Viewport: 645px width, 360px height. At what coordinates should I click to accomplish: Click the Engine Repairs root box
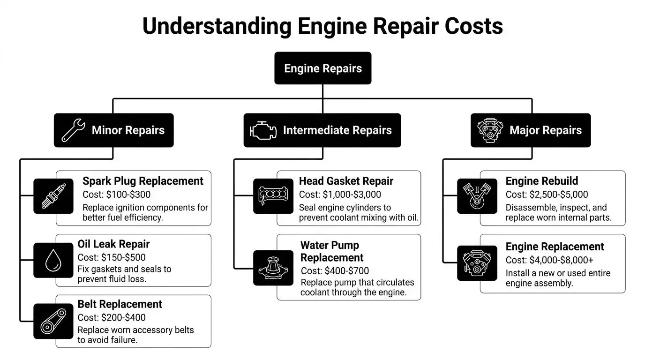point(323,68)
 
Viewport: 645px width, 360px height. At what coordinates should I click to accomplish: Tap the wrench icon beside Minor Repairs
point(73,130)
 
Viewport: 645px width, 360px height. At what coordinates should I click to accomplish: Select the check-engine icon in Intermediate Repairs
point(263,130)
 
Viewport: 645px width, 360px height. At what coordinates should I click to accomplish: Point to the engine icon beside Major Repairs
point(490,130)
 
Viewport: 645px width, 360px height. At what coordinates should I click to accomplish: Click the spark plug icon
point(53,196)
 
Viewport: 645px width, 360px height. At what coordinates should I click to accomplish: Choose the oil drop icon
point(53,260)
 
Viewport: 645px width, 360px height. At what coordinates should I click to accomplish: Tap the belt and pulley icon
point(53,321)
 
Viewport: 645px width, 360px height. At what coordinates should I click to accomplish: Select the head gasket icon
point(273,196)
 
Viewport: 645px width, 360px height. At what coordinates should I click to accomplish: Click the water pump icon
point(273,268)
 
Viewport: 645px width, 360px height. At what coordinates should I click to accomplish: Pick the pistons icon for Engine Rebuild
point(477,196)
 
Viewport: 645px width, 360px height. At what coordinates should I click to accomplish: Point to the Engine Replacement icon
point(477,263)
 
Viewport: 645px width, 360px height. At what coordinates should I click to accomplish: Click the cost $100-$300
point(128,195)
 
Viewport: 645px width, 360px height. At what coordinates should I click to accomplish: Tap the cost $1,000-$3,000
point(352,195)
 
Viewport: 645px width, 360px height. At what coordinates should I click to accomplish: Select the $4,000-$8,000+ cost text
point(562,260)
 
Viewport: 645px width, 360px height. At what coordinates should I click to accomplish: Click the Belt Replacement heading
point(120,304)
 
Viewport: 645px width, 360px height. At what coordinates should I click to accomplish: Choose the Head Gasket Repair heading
point(346,181)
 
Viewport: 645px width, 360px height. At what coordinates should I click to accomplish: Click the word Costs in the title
point(473,26)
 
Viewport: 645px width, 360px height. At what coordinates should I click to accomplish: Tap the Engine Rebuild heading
point(541,181)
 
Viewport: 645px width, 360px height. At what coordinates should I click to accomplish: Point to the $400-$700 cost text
point(347,271)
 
